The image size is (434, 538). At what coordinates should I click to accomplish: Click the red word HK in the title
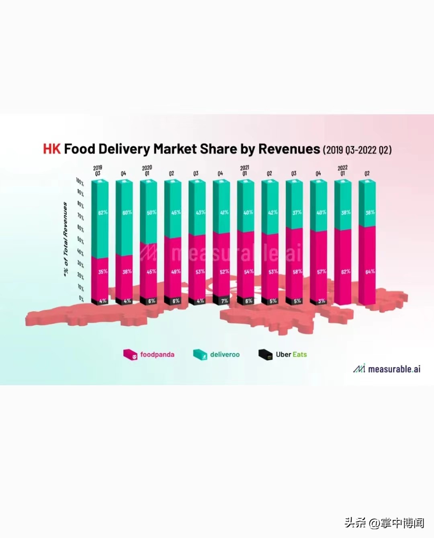pos(52,149)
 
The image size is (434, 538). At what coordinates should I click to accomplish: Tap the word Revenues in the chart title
pos(289,149)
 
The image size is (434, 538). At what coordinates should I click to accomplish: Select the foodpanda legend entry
pos(149,354)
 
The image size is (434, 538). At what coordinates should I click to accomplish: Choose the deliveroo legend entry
pos(217,354)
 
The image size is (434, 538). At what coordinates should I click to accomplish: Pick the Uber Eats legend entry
pos(283,354)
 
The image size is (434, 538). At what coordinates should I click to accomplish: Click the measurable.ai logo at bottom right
pos(387,369)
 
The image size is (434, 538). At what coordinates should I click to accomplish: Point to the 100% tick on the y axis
pos(80,182)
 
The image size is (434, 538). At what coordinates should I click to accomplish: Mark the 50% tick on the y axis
pos(80,240)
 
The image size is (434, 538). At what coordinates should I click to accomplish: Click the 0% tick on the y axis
pos(81,299)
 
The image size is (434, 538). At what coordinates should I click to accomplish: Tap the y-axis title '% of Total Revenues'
pos(65,239)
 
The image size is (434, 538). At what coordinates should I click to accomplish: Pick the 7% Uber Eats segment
pos(222,300)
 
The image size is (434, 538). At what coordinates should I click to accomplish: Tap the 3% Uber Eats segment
pos(319,301)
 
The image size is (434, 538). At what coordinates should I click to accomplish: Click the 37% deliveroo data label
pos(297,212)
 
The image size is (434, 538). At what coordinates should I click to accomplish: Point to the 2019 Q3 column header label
pos(98,170)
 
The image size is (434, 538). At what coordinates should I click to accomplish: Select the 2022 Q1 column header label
pos(342,170)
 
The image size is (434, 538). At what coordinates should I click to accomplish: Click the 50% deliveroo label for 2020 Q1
pos(151,212)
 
